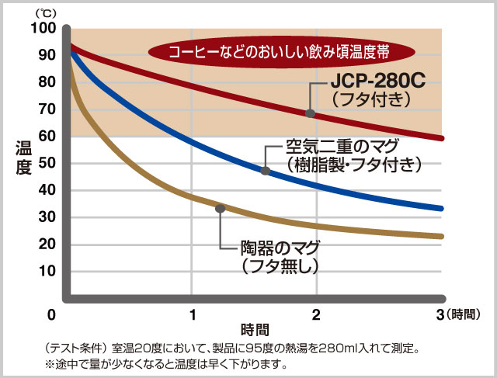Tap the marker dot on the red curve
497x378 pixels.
coord(311,113)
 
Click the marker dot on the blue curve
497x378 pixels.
coord(265,171)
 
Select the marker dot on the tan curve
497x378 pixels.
coord(221,208)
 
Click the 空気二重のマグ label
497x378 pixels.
coord(342,146)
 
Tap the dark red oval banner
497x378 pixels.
coord(269,52)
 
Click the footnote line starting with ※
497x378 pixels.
coord(166,363)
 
